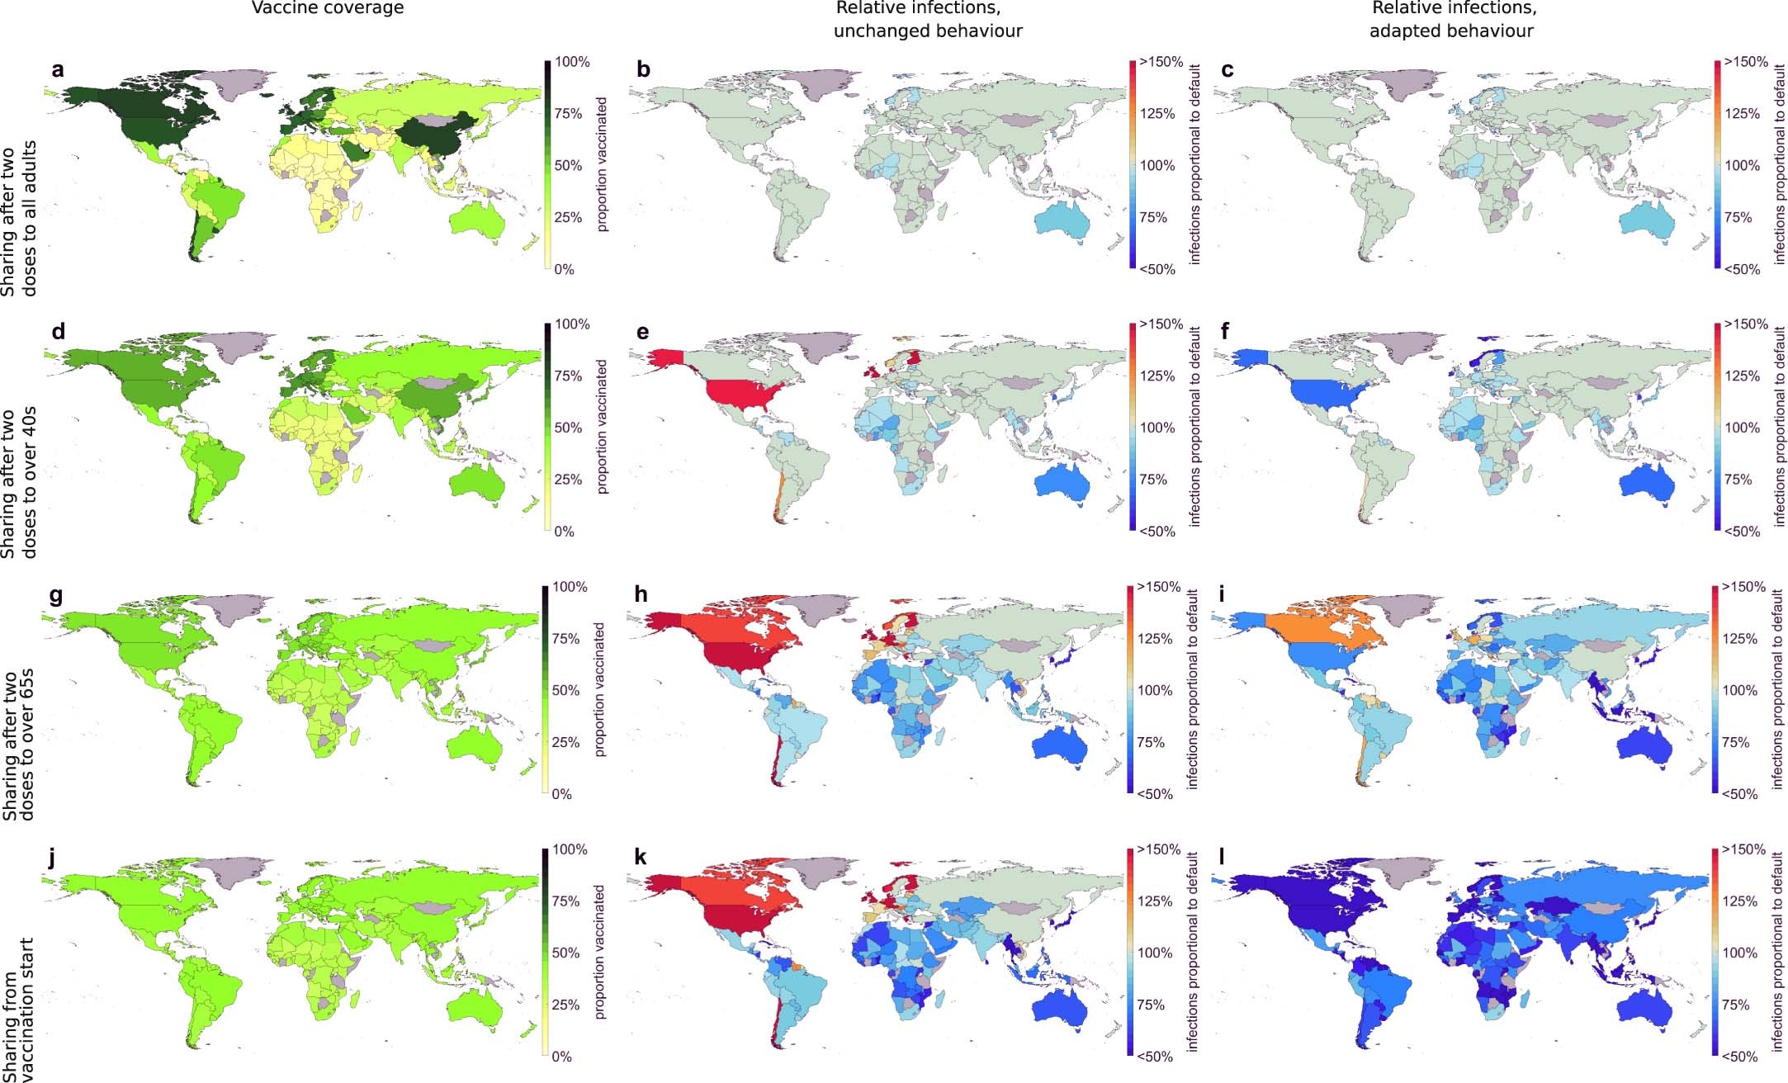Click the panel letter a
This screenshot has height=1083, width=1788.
point(57,70)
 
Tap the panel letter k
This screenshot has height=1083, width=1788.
point(640,858)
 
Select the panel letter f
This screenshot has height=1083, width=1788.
point(1225,333)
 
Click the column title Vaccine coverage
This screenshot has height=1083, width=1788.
point(328,8)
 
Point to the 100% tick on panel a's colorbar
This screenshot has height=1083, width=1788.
point(572,62)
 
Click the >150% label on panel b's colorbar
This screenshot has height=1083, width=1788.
point(1161,62)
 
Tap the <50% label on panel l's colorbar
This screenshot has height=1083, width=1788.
point(1742,1057)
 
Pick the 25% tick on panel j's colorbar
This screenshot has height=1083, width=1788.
point(565,1005)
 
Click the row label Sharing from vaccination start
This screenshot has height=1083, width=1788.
point(17,1009)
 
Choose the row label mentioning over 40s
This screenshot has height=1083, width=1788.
point(17,483)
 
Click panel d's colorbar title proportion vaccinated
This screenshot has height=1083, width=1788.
point(602,427)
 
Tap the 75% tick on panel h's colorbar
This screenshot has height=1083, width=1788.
point(1151,742)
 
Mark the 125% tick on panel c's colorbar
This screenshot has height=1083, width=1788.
point(1742,114)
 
